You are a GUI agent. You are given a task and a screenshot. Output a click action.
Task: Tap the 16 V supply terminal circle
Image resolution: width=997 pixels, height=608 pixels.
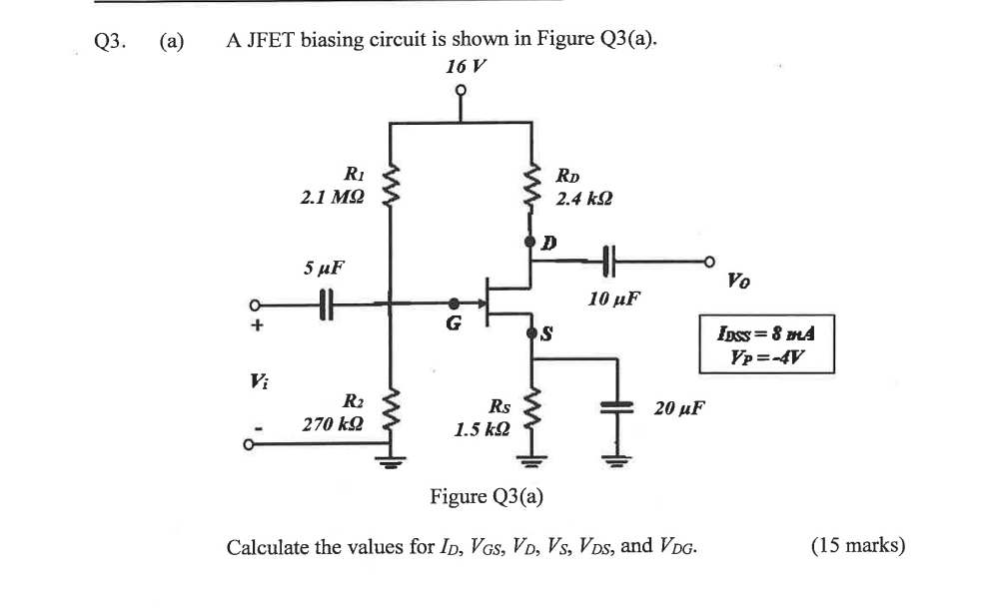point(461,90)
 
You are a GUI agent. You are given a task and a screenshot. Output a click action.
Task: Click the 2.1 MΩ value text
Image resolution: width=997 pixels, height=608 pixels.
point(333,199)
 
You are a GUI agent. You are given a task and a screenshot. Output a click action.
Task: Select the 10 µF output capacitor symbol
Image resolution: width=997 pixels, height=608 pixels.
point(608,262)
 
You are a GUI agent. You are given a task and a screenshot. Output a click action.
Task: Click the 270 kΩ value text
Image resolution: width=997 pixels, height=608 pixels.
point(334,425)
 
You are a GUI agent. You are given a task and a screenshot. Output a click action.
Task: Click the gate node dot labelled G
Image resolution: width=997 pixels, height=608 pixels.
point(455,303)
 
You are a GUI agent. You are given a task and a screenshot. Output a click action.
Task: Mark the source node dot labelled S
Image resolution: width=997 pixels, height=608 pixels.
point(529,331)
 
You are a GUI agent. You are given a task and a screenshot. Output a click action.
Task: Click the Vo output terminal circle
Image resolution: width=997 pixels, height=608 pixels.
point(710,262)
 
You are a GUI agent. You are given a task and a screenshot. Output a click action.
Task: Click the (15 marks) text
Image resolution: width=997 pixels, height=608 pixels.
point(858,546)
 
